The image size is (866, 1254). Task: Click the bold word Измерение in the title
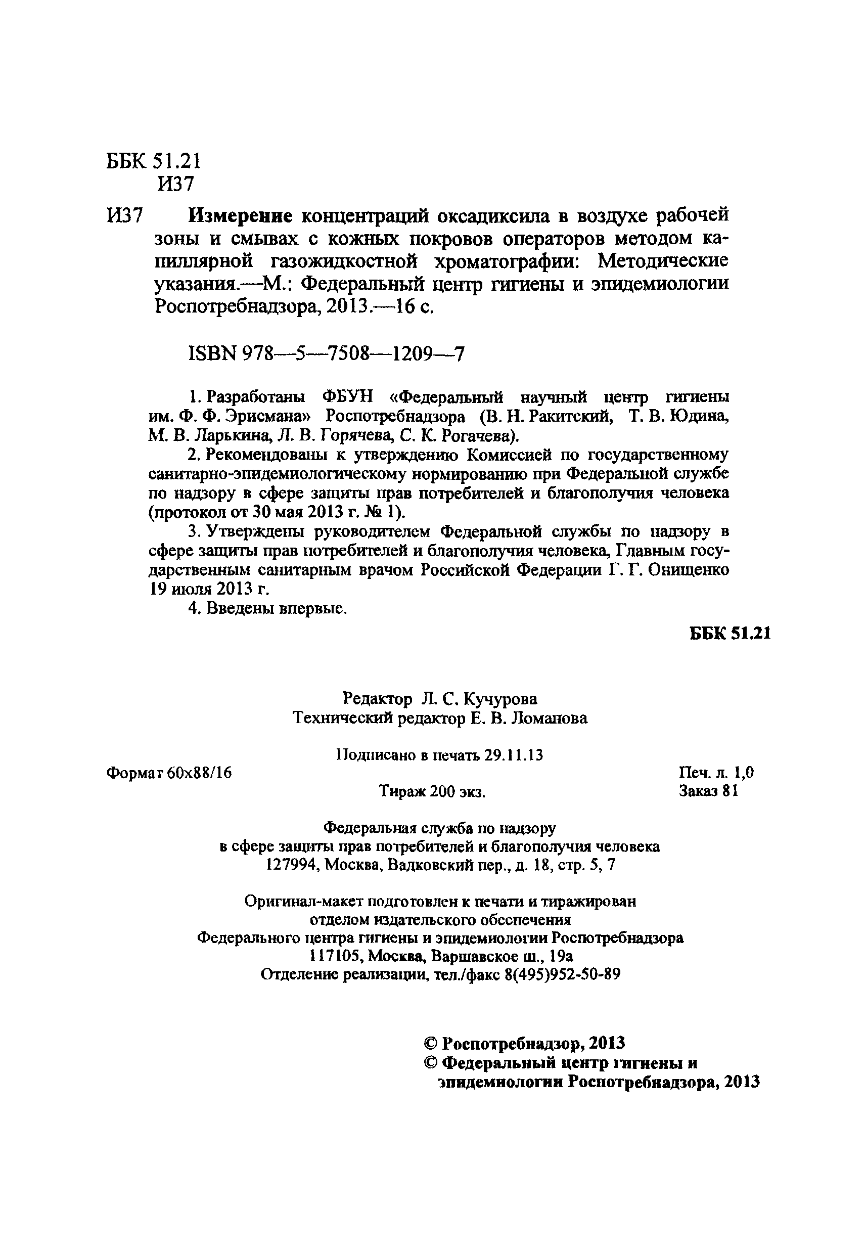click(x=240, y=216)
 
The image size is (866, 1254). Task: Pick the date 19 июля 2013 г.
click(x=209, y=589)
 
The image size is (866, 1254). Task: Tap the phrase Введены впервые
click(x=267, y=609)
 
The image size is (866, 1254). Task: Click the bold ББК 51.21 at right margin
click(x=730, y=633)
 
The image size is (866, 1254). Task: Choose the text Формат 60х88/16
click(x=169, y=773)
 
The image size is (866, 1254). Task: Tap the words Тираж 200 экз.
click(x=432, y=792)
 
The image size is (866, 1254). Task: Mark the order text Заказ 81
click(x=708, y=791)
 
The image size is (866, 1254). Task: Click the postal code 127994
click(x=291, y=866)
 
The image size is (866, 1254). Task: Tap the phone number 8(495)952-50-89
click(x=562, y=974)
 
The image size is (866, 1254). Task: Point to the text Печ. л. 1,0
click(x=716, y=773)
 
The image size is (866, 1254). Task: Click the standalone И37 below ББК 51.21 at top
click(x=175, y=185)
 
